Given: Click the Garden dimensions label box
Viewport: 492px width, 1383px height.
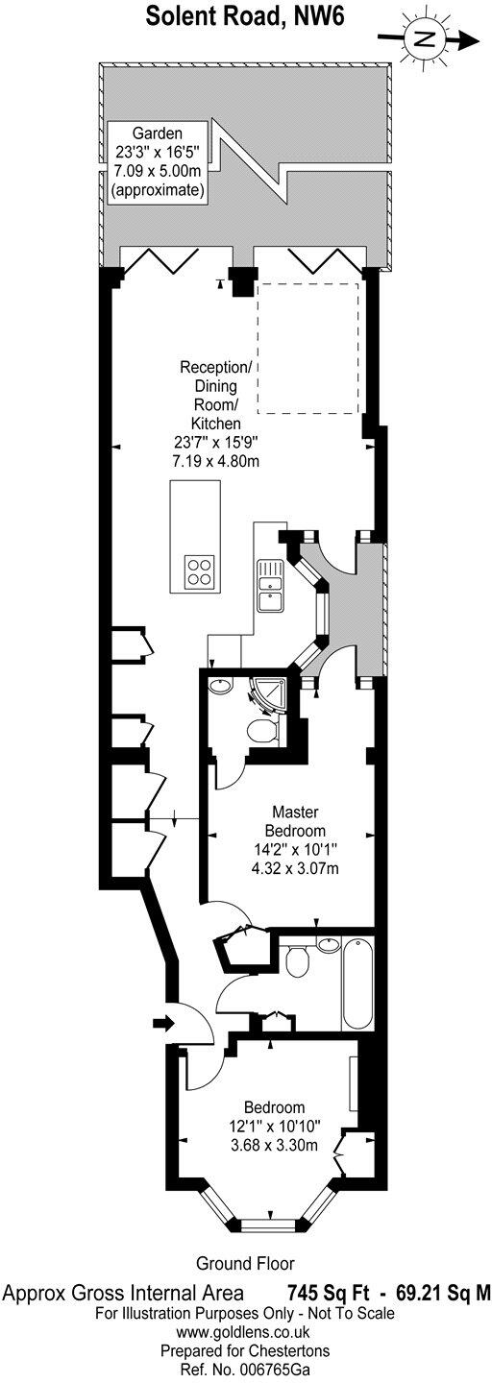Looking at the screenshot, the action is click(x=157, y=160).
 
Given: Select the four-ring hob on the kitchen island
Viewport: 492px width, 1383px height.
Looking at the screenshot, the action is click(x=200, y=570).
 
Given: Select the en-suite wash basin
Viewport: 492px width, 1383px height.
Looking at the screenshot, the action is click(x=219, y=684).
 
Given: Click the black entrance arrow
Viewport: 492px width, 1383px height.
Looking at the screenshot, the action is click(x=163, y=1023).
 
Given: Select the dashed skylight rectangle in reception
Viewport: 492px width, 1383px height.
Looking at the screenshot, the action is click(x=307, y=349).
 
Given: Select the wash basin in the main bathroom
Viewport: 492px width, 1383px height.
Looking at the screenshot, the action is click(x=327, y=944).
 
